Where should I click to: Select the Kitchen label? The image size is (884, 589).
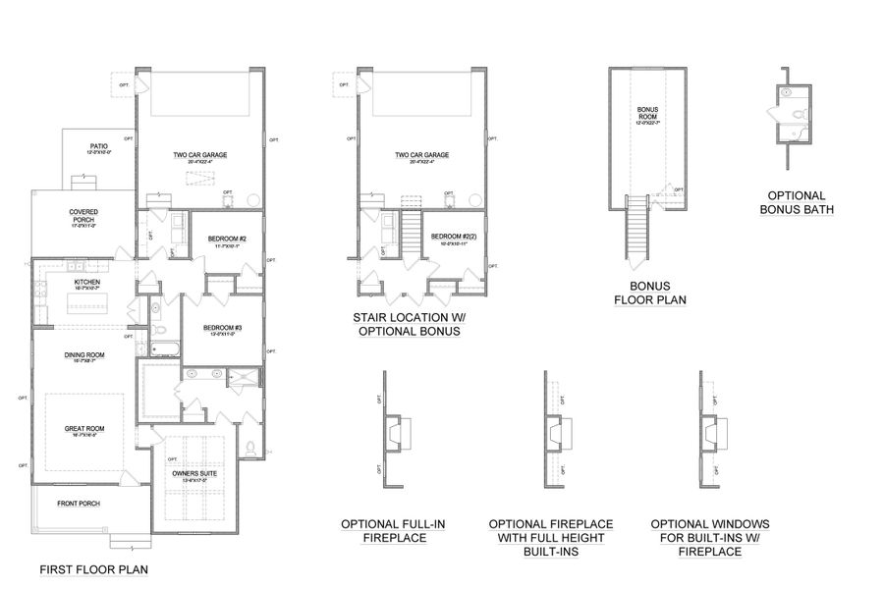point(87,284)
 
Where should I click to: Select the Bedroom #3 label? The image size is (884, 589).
point(223,330)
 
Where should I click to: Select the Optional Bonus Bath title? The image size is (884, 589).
point(797,202)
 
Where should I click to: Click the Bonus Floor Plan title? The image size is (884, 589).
point(649,293)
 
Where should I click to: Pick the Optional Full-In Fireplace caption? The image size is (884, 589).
point(392,531)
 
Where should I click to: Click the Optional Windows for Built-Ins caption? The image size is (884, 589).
point(709,538)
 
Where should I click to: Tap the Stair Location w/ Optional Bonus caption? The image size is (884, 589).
point(407,325)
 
